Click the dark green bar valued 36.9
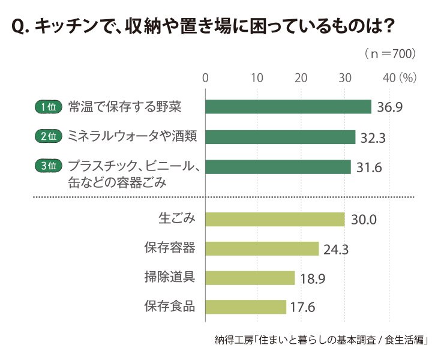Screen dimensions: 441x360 point(288,107)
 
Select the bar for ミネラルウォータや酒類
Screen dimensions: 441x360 point(280,137)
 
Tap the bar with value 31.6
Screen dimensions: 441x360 point(278,167)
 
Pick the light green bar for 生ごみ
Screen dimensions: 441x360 point(275,220)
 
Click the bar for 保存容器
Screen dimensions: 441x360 point(262,248)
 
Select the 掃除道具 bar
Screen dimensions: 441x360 point(250,278)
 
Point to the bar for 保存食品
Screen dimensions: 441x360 point(246,307)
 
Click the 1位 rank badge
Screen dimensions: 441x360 point(49,107)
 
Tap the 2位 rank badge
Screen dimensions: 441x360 point(49,136)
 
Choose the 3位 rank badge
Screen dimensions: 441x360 point(49,166)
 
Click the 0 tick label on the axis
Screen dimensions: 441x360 point(205,78)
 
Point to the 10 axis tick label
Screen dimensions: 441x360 point(257,78)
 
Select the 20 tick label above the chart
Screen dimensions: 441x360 point(301,78)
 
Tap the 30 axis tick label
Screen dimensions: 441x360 point(345,78)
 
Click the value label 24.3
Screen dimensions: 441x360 point(336,250)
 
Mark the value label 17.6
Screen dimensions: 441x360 point(302,307)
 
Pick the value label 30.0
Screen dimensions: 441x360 point(364,220)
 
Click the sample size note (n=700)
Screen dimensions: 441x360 point(390,53)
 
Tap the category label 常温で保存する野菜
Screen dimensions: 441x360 point(125,107)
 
